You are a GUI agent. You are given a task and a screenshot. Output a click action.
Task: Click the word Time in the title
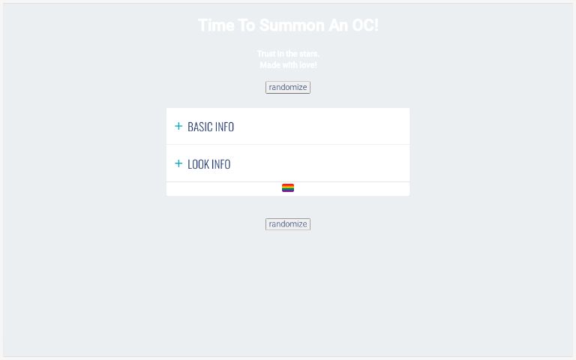(217, 25)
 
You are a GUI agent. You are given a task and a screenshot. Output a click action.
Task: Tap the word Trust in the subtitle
(266, 54)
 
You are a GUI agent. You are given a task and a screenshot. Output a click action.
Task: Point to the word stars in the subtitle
(309, 54)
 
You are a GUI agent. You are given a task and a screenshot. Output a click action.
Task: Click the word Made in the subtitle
(269, 65)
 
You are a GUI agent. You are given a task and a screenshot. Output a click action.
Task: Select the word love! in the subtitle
(307, 65)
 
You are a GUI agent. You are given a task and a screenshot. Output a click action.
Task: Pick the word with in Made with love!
(289, 65)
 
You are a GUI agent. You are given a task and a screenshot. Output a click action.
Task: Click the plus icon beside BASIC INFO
(178, 126)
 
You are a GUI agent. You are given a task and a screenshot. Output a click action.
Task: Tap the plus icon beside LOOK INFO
(178, 163)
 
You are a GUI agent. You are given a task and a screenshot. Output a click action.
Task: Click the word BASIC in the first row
(199, 127)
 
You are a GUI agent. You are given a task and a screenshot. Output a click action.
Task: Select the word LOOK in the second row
(198, 164)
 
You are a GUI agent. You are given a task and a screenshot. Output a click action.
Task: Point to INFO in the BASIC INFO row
(224, 127)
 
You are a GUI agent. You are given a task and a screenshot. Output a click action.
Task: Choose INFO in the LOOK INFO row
(221, 164)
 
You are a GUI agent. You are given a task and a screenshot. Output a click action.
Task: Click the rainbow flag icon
(288, 188)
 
